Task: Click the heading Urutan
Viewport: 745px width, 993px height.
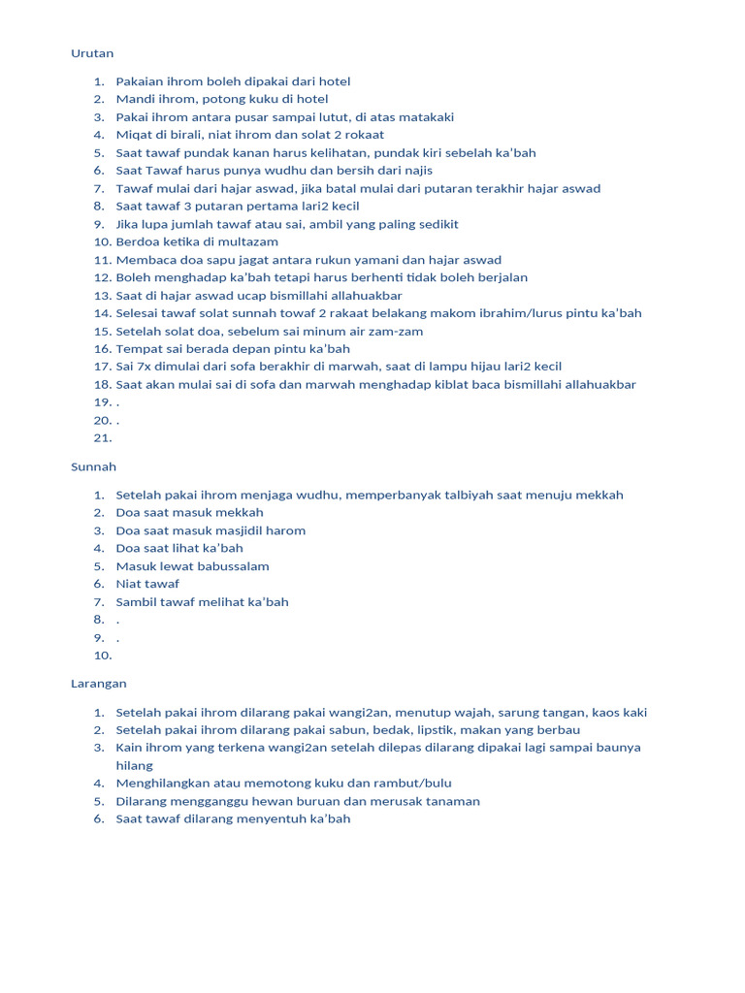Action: [92, 53]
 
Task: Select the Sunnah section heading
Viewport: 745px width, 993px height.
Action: [93, 466]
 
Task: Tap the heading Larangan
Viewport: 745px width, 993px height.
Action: [99, 684]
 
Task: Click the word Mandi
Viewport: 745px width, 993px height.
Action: [134, 99]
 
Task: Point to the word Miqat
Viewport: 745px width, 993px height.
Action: [134, 135]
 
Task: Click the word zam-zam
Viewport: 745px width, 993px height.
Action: [394, 331]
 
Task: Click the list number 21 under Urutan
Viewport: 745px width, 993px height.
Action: [103, 437]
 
